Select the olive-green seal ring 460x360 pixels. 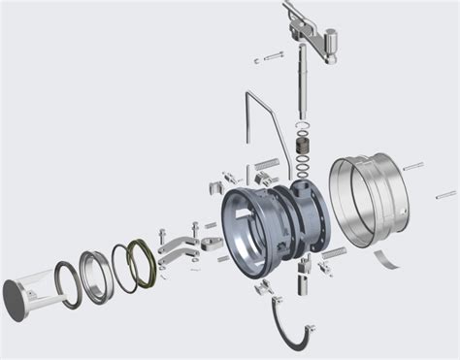[x=143, y=264]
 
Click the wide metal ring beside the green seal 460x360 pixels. [x=95, y=278]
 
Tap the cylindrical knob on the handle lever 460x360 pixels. [x=330, y=44]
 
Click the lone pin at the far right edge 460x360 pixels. [x=445, y=195]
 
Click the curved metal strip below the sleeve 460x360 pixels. [x=387, y=258]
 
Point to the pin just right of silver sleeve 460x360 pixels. [x=412, y=166]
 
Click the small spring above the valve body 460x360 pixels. [x=268, y=162]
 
